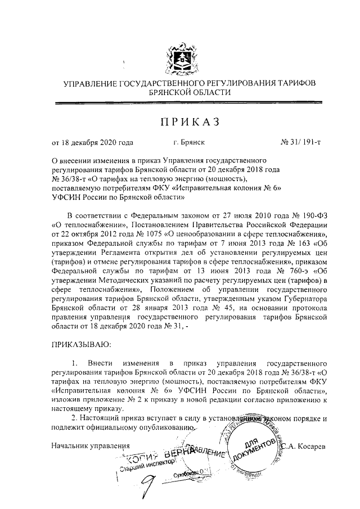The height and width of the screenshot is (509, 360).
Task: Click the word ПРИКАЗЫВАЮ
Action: [82, 343]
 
